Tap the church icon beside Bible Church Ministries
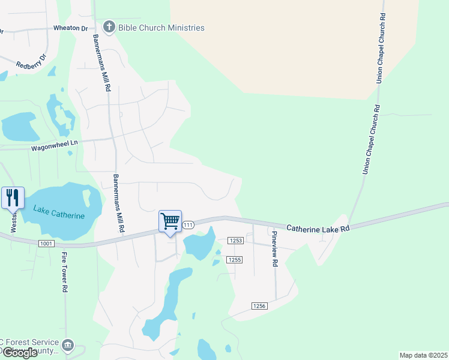click(109, 27)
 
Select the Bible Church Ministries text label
click(161, 28)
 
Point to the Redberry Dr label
click(31, 62)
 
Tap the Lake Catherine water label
click(59, 212)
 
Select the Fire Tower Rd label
click(64, 272)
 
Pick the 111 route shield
click(188, 224)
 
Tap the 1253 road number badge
click(235, 240)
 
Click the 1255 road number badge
click(234, 259)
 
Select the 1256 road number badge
click(259, 306)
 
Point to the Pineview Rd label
click(274, 249)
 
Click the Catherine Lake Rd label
click(318, 228)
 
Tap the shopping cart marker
click(170, 221)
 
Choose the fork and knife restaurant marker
click(13, 197)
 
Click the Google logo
click(20, 353)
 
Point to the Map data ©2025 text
click(423, 355)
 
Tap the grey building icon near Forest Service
click(68, 345)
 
